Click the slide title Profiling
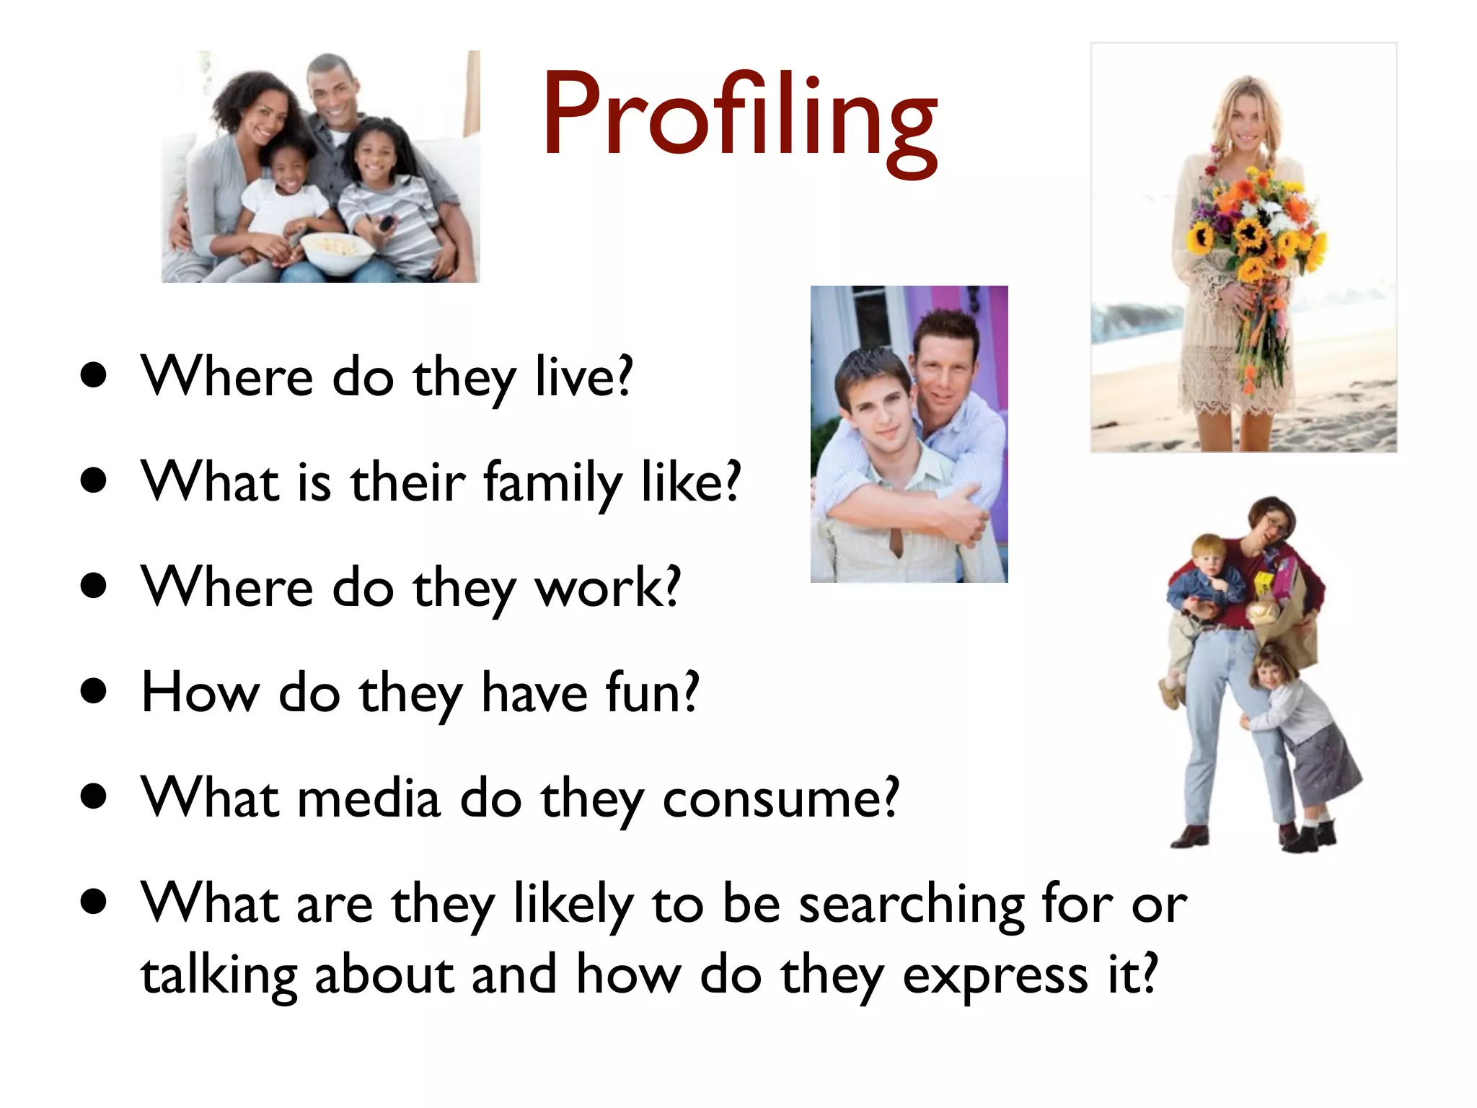pyautogui.click(x=740, y=115)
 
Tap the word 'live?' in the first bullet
pyautogui.click(x=583, y=376)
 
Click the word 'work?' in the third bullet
pyautogui.click(x=607, y=587)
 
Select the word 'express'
pyautogui.click(x=995, y=975)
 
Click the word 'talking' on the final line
pyautogui.click(x=219, y=975)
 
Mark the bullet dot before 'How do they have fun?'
pyautogui.click(x=94, y=691)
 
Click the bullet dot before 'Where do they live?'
pyautogui.click(x=94, y=375)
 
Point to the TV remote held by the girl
pyautogui.click(x=387, y=222)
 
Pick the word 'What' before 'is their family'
pyautogui.click(x=209, y=482)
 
